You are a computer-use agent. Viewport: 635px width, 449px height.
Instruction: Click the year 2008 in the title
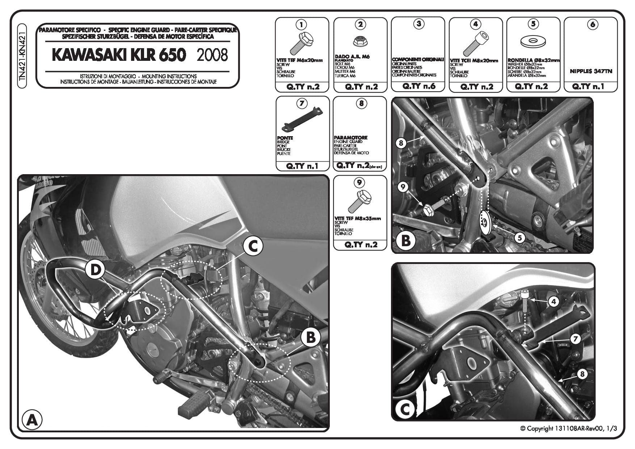coord(212,55)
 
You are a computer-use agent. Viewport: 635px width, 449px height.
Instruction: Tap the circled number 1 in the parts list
coord(301,25)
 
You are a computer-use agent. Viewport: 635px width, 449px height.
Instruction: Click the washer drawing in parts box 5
coord(533,41)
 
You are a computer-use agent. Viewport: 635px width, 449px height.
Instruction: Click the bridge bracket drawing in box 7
coord(302,119)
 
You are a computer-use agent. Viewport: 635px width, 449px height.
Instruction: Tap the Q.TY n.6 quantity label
coord(418,86)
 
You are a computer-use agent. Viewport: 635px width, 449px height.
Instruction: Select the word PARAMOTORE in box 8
coord(350,138)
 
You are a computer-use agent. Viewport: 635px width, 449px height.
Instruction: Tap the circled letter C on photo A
coord(252,247)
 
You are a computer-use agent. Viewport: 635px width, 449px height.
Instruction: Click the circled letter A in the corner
coord(31,420)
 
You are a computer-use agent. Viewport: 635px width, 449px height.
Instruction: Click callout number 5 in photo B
coord(520,238)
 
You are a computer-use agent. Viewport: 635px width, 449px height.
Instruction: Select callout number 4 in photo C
coord(554,301)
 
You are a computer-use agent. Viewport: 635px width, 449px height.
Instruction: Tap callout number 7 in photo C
coord(575,339)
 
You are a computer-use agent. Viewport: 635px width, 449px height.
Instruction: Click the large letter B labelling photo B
coord(406,241)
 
